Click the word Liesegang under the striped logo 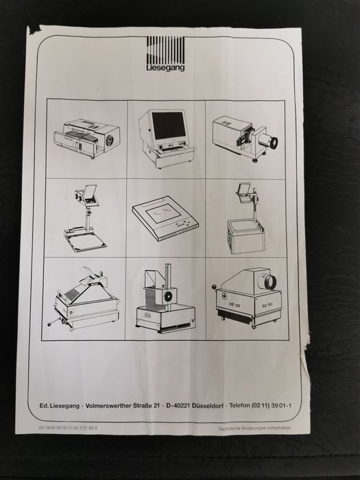[165, 68]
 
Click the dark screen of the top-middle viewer [167, 125]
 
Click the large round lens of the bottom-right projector [265, 282]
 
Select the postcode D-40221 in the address [178, 406]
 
